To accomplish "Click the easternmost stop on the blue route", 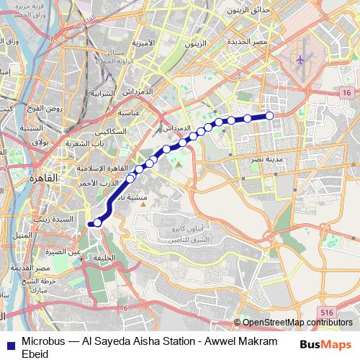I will point(270,116).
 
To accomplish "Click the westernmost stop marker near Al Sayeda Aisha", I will point(97,223).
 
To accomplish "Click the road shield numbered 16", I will point(347,94).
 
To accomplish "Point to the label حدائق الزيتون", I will point(248,11).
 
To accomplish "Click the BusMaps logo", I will point(325,344).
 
